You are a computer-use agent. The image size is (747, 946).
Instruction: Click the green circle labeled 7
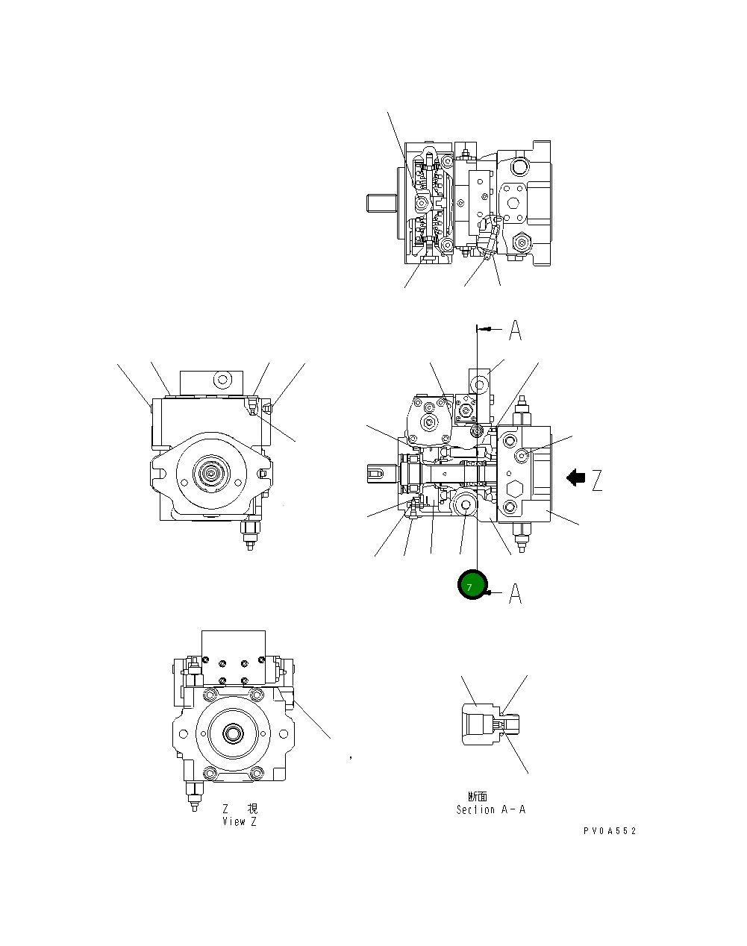pyautogui.click(x=472, y=586)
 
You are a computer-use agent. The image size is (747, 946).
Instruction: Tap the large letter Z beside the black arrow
pyautogui.click(x=596, y=480)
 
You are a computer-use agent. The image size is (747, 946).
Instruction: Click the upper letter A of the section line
pyautogui.click(x=515, y=330)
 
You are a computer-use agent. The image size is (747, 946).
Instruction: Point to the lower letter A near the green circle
pyautogui.click(x=515, y=594)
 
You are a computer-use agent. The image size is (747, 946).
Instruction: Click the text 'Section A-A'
pyautogui.click(x=490, y=809)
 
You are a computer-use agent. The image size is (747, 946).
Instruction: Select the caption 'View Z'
pyautogui.click(x=239, y=821)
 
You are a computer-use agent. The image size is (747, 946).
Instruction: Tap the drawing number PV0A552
pyautogui.click(x=610, y=831)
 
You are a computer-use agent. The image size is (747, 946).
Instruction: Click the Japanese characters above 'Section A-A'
pyautogui.click(x=478, y=797)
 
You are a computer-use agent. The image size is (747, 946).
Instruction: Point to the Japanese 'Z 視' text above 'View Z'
pyautogui.click(x=239, y=809)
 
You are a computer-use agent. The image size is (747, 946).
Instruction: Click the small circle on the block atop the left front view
pyautogui.click(x=222, y=380)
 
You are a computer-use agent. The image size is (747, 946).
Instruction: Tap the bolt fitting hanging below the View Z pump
pyautogui.click(x=195, y=795)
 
